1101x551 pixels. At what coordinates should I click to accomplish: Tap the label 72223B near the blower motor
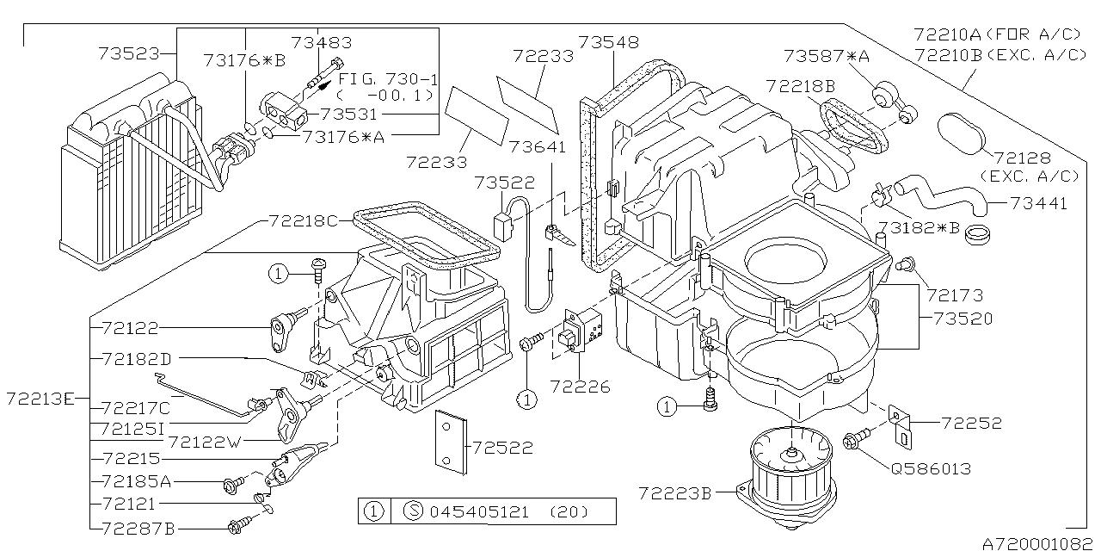(x=675, y=493)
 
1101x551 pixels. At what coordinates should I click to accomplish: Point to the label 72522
(x=502, y=448)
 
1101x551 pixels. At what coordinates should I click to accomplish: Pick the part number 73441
(x=1037, y=204)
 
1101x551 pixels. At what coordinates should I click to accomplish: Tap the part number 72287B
(x=138, y=526)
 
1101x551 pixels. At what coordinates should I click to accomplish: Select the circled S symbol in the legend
(x=411, y=511)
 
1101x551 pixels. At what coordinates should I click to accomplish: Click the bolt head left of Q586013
(x=854, y=439)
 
